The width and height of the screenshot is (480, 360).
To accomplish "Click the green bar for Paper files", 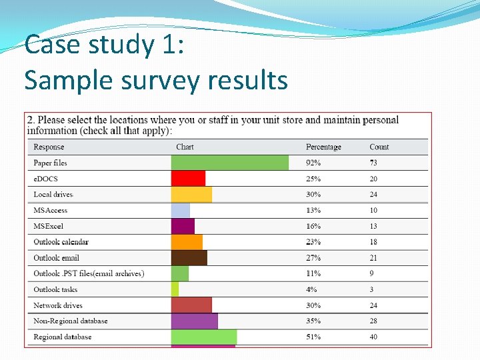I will click(230, 163).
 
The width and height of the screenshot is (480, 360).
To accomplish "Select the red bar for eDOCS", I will click(188, 179).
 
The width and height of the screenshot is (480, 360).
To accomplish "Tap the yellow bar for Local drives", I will click(191, 195).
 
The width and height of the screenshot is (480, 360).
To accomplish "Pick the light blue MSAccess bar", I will click(181, 210).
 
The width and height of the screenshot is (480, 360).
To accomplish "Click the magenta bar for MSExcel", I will click(183, 226).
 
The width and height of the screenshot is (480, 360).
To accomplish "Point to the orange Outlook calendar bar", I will click(187, 242).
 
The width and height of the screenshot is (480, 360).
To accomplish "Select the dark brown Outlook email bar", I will click(189, 258).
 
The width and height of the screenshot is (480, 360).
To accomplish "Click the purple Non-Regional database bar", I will click(195, 321).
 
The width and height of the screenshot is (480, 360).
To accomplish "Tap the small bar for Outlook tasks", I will click(175, 289).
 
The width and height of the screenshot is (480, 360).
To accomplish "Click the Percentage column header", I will click(323, 147).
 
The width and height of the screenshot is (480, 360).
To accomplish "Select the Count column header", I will click(379, 147).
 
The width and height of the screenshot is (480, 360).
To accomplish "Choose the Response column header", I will click(49, 147).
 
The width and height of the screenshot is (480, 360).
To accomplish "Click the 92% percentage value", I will click(313, 163).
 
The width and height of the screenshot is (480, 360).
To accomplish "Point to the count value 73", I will click(373, 163).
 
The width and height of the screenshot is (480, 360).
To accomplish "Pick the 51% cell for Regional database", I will click(313, 337).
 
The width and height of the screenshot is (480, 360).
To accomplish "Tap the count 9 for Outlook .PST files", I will click(371, 273).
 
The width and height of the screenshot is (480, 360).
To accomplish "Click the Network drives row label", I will click(58, 305).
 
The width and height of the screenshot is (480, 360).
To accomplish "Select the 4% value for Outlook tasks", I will click(311, 289).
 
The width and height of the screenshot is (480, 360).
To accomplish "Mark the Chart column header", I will click(185, 147).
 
